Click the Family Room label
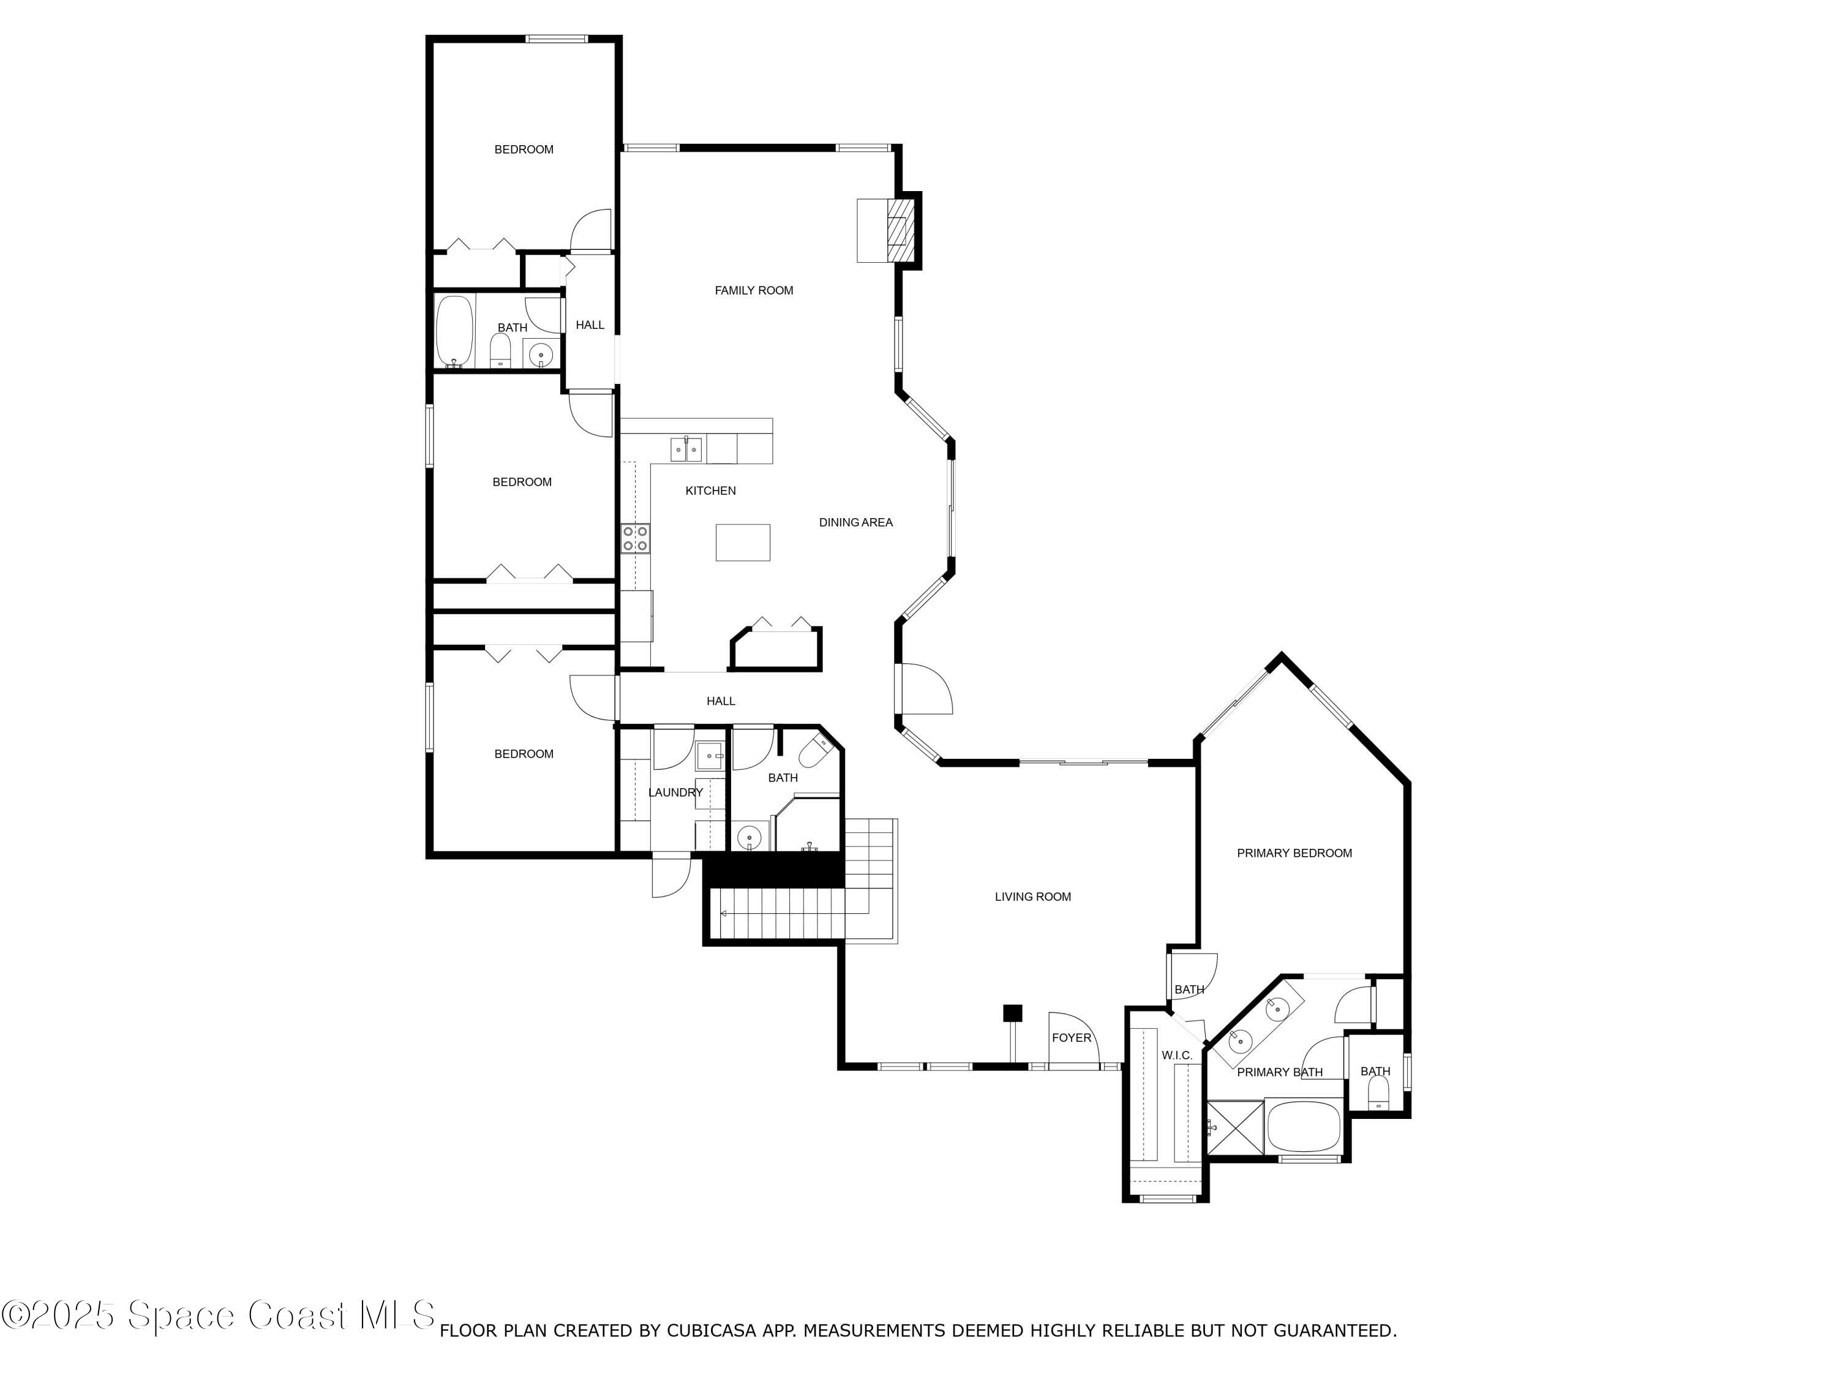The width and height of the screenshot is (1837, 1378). pos(753,290)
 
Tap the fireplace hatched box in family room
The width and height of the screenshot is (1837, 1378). pos(898,229)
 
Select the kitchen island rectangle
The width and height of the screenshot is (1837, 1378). pos(742,543)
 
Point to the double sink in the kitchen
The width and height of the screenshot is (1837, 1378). pos(686,450)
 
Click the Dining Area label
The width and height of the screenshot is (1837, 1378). pos(855,522)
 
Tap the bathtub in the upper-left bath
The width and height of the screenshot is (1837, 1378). pos(454,331)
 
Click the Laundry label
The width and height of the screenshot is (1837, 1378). pos(675,793)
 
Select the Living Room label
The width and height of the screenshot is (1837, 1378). pos(1032,896)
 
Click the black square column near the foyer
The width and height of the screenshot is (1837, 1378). pos(1012,1014)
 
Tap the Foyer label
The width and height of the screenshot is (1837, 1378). pos(1072,1037)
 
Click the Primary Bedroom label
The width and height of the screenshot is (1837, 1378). pos(1294,853)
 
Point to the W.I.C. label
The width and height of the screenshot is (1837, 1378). pos(1177,1055)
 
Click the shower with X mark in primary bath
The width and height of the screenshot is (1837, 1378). pos(1234,1127)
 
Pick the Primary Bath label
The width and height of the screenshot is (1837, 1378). pos(1279,1072)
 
